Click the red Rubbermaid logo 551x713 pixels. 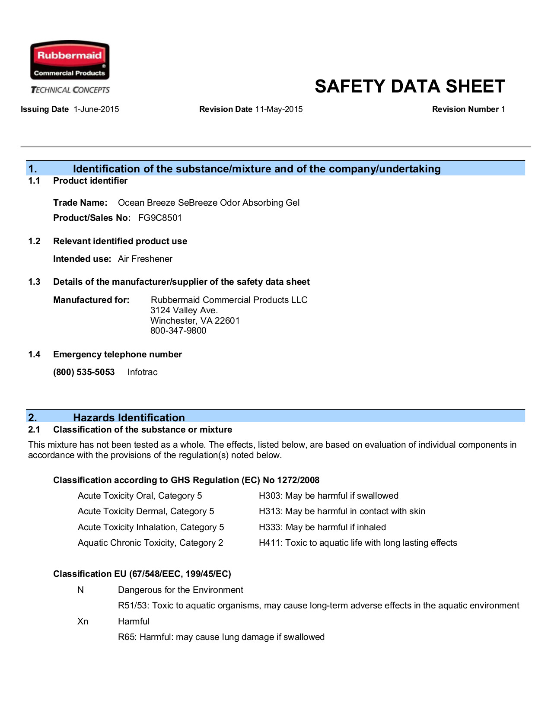[70, 60]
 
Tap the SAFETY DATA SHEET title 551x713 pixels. [410, 86]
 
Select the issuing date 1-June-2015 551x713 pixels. [96, 109]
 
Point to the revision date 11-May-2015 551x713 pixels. [279, 109]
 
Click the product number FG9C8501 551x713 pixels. [160, 218]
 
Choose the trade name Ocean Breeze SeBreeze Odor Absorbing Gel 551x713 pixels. [209, 203]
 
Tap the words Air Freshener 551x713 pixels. [145, 259]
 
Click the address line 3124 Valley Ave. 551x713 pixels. [184, 310]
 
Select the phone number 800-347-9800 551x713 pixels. [178, 331]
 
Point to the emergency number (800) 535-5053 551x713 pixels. [84, 372]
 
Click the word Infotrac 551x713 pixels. [143, 372]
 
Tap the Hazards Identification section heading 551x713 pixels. [129, 417]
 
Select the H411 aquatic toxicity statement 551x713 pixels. [358, 543]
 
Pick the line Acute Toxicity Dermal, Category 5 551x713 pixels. [146, 511]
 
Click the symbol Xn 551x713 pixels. [83, 621]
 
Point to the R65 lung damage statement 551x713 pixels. [221, 637]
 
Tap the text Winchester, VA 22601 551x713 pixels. [195, 321]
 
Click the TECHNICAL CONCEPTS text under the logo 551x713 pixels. [70, 90]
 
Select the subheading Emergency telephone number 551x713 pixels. [118, 354]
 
